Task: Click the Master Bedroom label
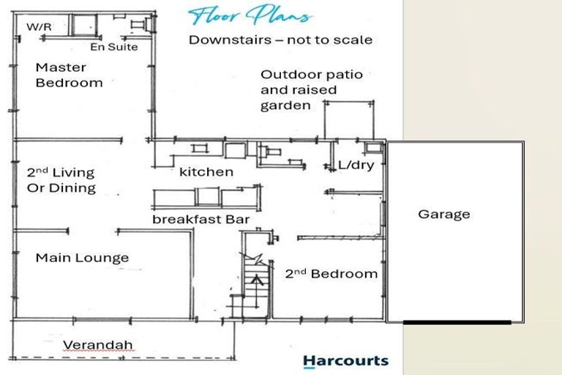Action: (70, 75)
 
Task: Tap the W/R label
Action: (39, 26)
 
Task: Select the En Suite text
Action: (114, 47)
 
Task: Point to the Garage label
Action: (444, 215)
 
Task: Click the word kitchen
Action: (206, 172)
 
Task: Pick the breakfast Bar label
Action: (201, 219)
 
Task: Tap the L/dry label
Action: (356, 165)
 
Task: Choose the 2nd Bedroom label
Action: (331, 274)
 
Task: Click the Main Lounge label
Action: (82, 258)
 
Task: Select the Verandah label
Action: (98, 345)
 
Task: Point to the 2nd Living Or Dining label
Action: (61, 180)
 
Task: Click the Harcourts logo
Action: (346, 361)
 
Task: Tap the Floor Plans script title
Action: (250, 16)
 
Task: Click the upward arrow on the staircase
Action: (257, 292)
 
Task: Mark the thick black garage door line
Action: (457, 322)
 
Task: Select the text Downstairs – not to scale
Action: (281, 40)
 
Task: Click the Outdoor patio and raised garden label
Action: (312, 90)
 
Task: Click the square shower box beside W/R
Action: (85, 25)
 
